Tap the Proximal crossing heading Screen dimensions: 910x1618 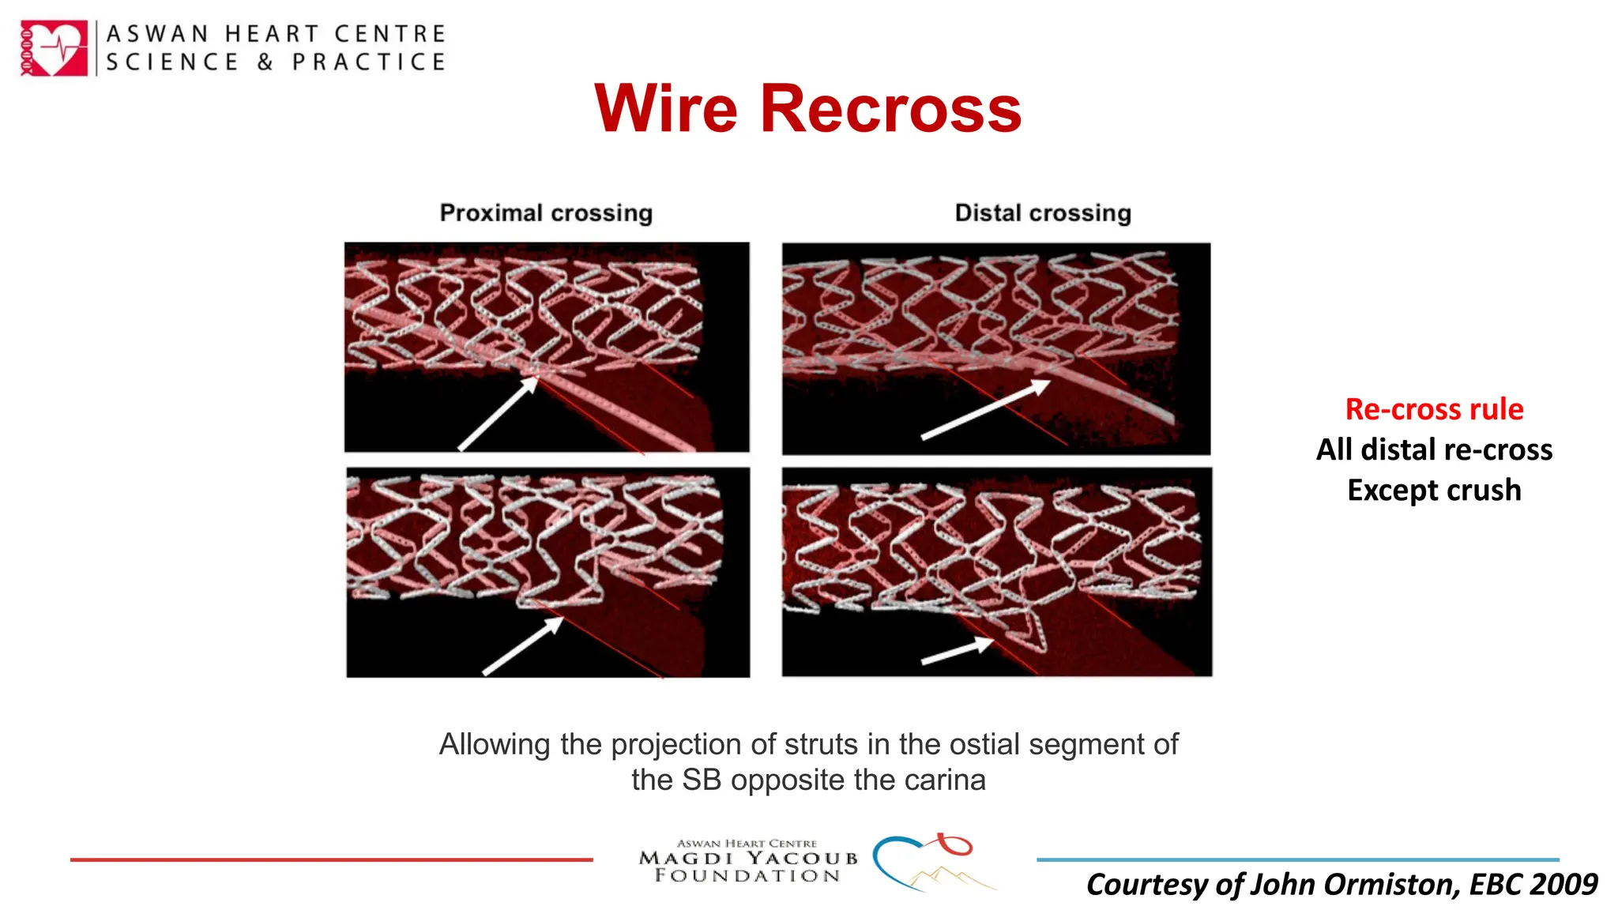tap(546, 212)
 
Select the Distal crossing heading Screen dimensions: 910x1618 tap(1043, 212)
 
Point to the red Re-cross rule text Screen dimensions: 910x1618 tap(1434, 409)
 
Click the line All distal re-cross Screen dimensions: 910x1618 tap(1434, 449)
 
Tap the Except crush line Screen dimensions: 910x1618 tap(1434, 490)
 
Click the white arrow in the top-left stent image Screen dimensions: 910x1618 tap(498, 414)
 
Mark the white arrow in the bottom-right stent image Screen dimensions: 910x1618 tap(957, 651)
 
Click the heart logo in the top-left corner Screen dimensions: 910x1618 tap(54, 48)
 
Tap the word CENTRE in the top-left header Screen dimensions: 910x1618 tap(390, 34)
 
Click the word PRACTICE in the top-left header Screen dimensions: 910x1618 tap(369, 62)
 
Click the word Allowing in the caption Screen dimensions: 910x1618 tap(495, 745)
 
